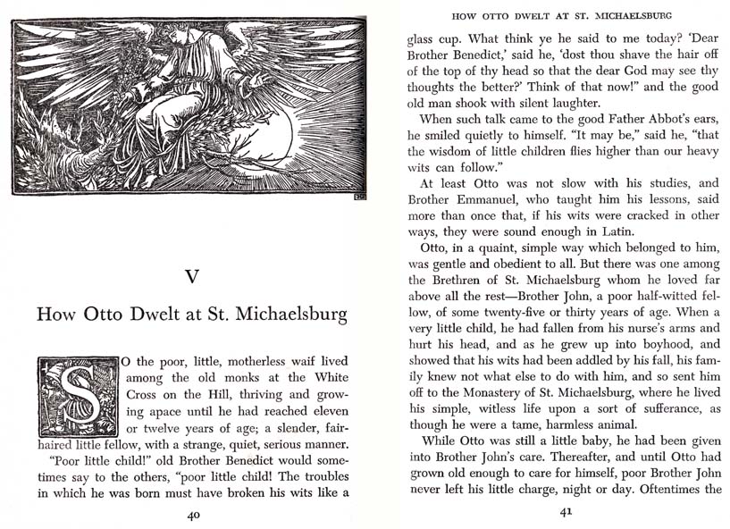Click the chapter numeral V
click(191, 276)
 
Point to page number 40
click(193, 515)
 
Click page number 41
click(565, 513)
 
